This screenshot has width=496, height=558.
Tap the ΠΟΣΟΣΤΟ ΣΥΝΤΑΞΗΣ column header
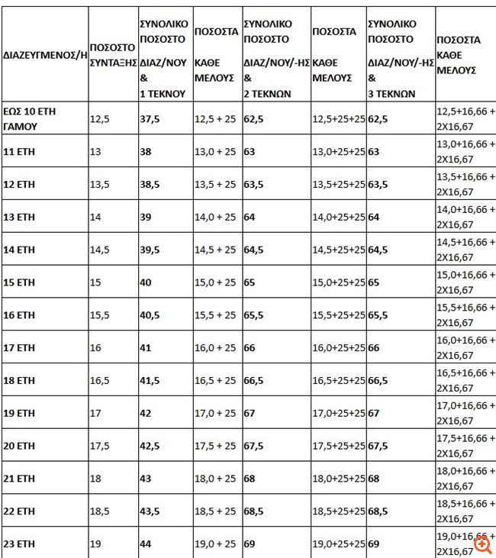(112, 55)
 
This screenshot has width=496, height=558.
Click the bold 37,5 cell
(149, 119)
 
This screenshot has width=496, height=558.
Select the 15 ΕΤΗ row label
(20, 282)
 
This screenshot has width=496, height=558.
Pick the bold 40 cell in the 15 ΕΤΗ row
(145, 282)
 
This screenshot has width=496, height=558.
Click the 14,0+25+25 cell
(338, 217)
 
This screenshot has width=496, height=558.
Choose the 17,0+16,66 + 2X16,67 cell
(465, 413)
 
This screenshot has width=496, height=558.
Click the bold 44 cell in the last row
(145, 543)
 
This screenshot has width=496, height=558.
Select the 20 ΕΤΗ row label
(20, 446)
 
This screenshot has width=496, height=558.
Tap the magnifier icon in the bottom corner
(482, 544)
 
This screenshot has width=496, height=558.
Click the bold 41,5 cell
(149, 380)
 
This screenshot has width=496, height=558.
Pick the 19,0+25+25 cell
(338, 543)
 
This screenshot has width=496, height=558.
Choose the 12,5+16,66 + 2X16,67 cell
(465, 119)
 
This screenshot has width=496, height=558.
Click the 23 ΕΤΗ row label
(20, 543)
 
